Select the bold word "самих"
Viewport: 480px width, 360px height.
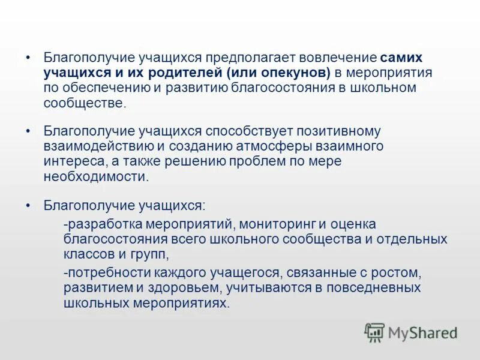(401, 58)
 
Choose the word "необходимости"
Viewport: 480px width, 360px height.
(95, 176)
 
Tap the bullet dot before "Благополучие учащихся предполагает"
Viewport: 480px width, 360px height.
(28, 58)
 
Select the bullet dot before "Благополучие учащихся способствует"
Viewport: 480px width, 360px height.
(28, 131)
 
